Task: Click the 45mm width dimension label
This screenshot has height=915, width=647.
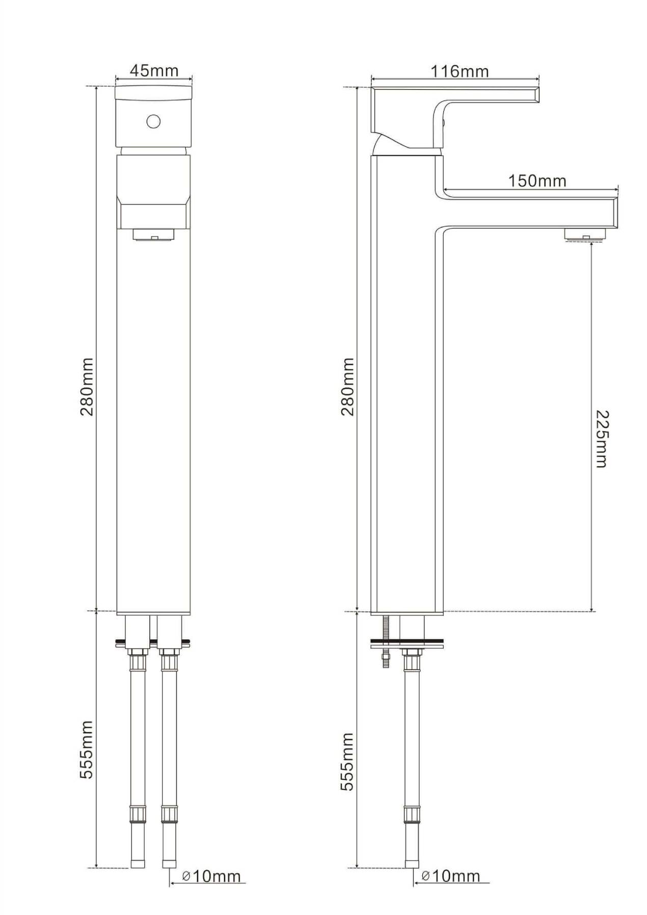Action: tap(154, 70)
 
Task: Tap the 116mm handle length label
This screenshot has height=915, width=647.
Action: tap(460, 71)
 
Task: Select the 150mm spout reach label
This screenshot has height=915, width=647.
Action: tap(537, 180)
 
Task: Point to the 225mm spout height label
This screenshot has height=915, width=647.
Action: tap(602, 439)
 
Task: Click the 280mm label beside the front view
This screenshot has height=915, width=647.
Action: tap(87, 387)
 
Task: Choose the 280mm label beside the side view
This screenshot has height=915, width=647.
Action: tap(347, 387)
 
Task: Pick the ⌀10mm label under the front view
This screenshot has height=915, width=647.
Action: tap(211, 876)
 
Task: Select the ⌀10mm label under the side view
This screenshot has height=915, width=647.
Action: tap(451, 876)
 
